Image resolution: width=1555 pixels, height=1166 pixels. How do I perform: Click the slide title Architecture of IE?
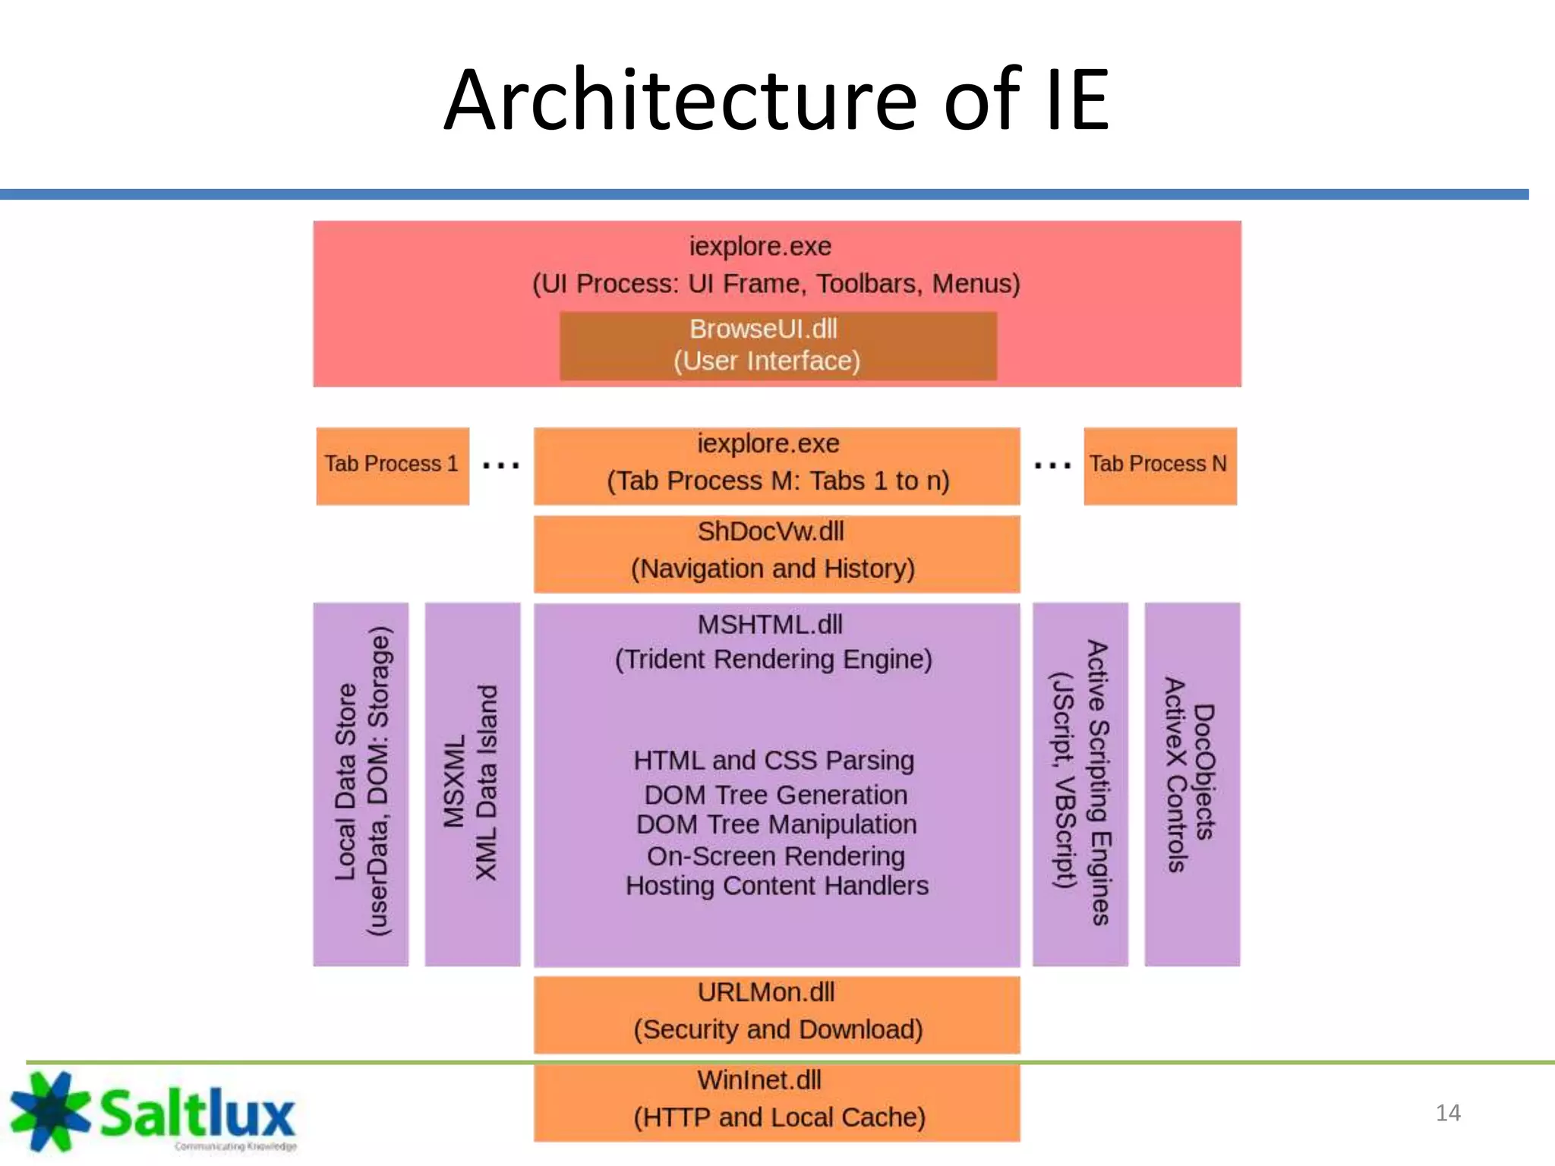pos(776,100)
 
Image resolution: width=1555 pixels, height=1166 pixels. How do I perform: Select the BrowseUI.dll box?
pos(777,345)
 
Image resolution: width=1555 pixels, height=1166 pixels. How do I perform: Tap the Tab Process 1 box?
pos(392,465)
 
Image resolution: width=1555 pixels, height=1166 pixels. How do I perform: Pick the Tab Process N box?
pos(1159,465)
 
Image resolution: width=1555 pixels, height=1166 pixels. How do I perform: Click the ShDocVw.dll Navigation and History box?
pos(776,553)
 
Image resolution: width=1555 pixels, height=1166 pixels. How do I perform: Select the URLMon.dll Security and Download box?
pos(776,1013)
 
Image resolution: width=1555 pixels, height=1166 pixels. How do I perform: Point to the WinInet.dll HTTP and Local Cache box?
pos(776,1101)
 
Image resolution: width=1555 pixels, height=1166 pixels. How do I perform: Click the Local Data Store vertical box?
pos(361,783)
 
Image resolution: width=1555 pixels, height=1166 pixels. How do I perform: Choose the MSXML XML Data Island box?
pos(472,783)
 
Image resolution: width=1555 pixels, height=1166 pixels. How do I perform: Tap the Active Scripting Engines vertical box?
pos(1080,783)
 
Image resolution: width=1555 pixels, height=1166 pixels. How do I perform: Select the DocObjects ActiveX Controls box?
pos(1191,783)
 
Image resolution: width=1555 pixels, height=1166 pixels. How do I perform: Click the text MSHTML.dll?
pos(770,625)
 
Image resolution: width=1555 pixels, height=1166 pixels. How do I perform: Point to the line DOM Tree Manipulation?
pos(776,824)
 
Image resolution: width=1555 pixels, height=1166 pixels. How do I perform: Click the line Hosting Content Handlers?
pos(776,886)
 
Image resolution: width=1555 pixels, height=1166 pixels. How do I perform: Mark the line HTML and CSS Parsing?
pos(773,761)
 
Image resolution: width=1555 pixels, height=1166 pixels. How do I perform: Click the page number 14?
pos(1447,1113)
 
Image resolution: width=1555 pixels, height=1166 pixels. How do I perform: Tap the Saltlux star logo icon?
pos(50,1111)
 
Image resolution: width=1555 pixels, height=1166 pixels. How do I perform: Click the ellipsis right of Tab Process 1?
pos(501,465)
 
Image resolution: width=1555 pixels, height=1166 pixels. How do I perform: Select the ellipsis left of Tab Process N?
pos(1052,465)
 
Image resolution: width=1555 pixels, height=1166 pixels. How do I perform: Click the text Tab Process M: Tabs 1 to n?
pos(777,481)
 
